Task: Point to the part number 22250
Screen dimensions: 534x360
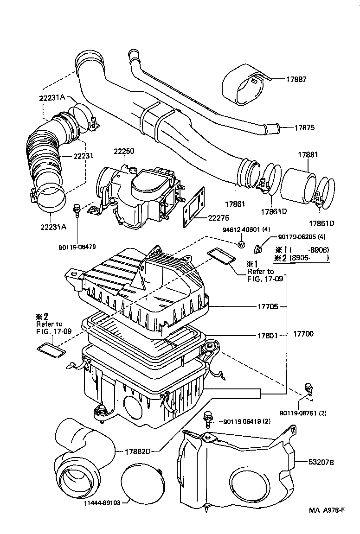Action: pyautogui.click(x=124, y=152)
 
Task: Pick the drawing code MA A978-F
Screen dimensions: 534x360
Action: pyautogui.click(x=327, y=510)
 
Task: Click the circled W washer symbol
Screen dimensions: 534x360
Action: pyautogui.click(x=241, y=245)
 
